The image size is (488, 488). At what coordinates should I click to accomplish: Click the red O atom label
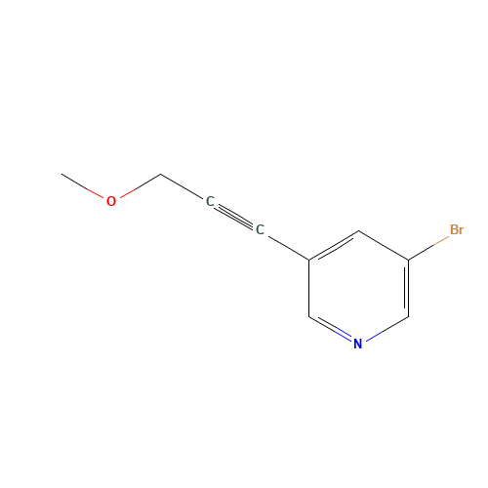(111, 201)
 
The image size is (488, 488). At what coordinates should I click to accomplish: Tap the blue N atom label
(357, 344)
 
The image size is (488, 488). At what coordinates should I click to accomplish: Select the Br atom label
(457, 229)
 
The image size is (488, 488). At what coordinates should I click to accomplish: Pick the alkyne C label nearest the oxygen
(210, 201)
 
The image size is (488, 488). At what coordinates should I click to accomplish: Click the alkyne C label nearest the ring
(260, 229)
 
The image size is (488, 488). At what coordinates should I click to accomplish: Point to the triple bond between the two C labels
(234, 216)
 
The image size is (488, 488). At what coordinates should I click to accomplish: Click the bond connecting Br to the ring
(428, 248)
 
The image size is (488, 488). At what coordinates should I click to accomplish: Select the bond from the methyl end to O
(83, 186)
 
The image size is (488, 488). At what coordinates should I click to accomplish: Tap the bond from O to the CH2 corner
(140, 186)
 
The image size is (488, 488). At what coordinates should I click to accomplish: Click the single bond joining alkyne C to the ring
(288, 247)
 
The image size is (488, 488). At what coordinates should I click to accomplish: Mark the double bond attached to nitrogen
(331, 329)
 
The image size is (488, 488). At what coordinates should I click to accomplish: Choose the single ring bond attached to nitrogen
(387, 329)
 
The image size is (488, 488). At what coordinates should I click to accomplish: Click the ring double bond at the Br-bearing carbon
(407, 288)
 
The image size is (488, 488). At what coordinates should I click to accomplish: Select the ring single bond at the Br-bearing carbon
(384, 245)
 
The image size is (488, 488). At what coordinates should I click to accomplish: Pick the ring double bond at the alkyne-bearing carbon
(334, 246)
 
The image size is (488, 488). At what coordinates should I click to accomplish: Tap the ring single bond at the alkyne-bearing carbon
(309, 288)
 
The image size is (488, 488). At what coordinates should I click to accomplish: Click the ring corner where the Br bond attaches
(409, 260)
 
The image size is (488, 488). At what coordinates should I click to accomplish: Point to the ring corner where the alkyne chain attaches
(309, 260)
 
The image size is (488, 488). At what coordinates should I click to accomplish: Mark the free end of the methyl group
(61, 174)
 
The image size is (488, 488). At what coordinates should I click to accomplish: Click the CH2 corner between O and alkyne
(161, 175)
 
